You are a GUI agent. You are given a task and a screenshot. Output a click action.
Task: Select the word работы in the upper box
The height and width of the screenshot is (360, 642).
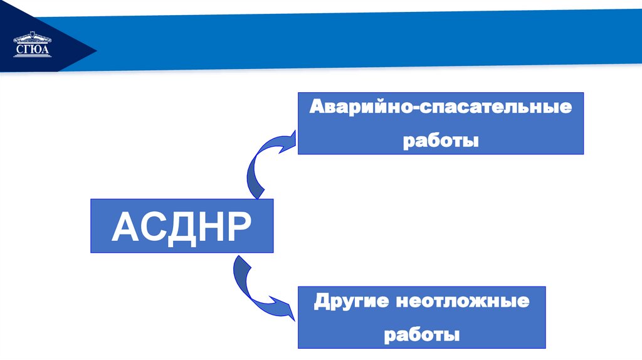(441, 140)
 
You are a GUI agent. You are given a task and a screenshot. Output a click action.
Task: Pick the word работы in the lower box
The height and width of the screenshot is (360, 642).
(422, 334)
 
